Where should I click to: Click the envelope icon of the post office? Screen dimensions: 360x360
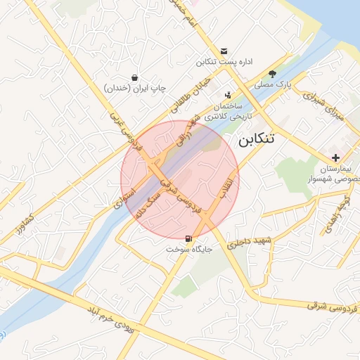(224, 51)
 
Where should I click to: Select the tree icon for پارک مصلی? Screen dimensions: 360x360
(272, 73)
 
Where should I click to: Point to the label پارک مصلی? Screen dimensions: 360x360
(273, 84)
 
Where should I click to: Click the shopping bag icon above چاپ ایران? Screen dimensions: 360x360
(134, 77)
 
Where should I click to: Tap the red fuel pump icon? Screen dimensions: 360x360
(188, 239)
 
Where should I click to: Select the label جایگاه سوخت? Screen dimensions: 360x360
(188, 250)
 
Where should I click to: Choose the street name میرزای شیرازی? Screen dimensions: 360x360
(326, 107)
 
